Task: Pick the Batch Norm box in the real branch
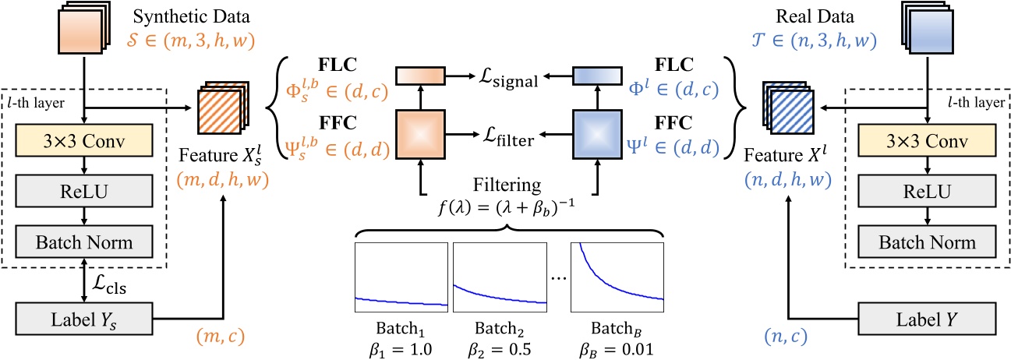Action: tap(926, 242)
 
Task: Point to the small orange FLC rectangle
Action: tap(419, 76)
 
